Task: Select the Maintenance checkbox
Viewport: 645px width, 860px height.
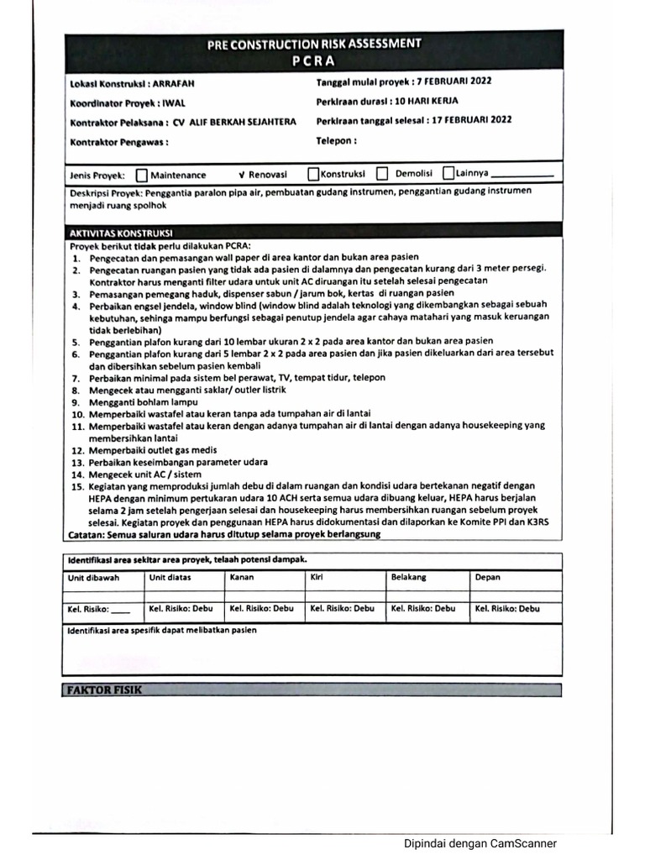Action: [x=141, y=175]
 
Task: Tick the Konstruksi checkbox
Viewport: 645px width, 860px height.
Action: [x=313, y=174]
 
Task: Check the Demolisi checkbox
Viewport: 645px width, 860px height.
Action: [x=382, y=174]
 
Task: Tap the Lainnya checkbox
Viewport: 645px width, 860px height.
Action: [x=448, y=173]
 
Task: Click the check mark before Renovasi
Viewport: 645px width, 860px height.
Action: [x=241, y=175]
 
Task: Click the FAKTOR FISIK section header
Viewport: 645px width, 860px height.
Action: [x=104, y=690]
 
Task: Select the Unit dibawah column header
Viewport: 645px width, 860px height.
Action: [x=92, y=578]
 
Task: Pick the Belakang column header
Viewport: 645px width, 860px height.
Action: [x=409, y=578]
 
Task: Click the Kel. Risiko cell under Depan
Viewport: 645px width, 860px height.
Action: [x=507, y=609]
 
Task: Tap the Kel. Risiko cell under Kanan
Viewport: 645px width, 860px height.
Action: [x=262, y=609]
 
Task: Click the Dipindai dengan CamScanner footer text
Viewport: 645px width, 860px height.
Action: [x=480, y=844]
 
